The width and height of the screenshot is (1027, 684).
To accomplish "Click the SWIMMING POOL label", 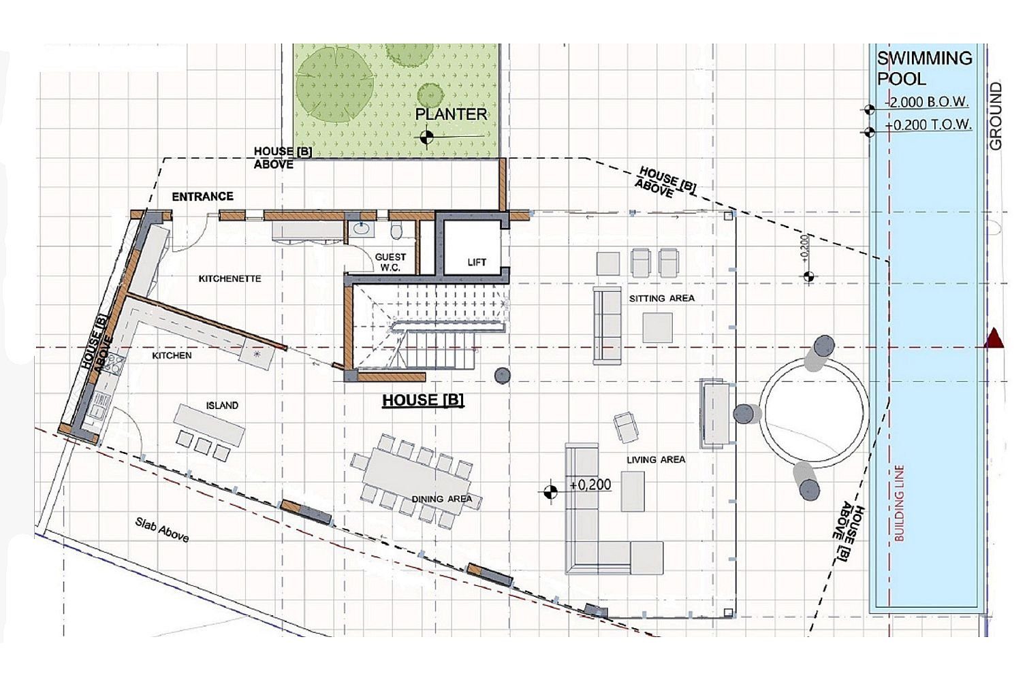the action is [x=924, y=69].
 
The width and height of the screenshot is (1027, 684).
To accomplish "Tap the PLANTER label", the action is [x=451, y=114].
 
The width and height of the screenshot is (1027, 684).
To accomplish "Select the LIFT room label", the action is [x=477, y=263].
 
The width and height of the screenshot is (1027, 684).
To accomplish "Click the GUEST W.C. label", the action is [x=390, y=263].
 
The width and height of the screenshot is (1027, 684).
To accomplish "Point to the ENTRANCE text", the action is [x=203, y=197].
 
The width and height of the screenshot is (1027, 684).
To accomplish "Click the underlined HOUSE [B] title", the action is [x=423, y=400].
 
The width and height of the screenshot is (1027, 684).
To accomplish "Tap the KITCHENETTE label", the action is [x=230, y=278].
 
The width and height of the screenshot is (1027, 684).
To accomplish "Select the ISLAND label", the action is [x=222, y=406].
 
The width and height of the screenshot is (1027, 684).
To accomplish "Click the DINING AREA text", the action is [x=441, y=499].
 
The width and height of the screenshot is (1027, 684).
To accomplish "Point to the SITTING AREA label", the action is [x=661, y=298].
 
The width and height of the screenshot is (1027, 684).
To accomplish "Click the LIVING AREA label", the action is [x=656, y=459].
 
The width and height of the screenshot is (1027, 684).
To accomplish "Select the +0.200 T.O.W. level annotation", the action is [x=928, y=125].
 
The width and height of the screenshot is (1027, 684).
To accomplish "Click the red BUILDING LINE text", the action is [x=899, y=503].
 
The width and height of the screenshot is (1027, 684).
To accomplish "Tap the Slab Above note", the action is [x=162, y=530].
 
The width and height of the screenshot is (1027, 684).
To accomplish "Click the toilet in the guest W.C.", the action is [x=396, y=230].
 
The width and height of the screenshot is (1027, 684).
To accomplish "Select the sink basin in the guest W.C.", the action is [x=362, y=228].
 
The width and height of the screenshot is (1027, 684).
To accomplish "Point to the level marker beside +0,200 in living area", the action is [x=550, y=491].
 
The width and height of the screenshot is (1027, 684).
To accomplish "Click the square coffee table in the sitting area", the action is [x=657, y=327].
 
